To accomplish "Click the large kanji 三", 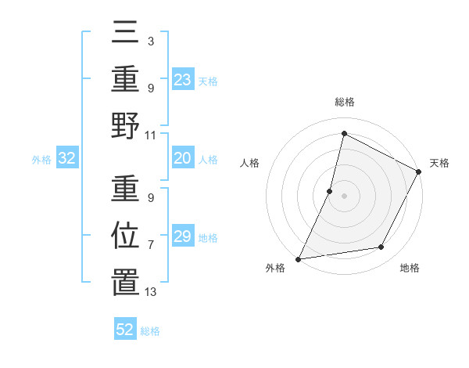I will [x=125, y=34].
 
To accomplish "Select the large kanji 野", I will [x=125, y=124].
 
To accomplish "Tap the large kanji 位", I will [x=125, y=235].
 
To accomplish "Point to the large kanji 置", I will [x=125, y=281].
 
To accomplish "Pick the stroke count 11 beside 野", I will [x=151, y=135].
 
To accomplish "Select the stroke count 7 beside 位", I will [x=150, y=245].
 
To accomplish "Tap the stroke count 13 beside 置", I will [x=151, y=292].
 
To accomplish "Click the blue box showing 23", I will [x=183, y=80].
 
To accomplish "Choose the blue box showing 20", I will [x=183, y=159].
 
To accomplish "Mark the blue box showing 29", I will [x=183, y=236].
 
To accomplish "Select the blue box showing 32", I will [x=67, y=159].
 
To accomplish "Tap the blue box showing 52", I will [x=125, y=330].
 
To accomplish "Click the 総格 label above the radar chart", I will [x=345, y=102].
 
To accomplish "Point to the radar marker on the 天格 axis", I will [x=419, y=172].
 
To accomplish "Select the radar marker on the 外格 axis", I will [x=298, y=258].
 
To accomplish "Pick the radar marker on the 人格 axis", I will [x=330, y=191].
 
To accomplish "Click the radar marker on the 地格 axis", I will [x=381, y=247].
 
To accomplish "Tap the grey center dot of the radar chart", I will [x=344, y=196].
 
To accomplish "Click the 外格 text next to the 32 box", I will [x=41, y=160].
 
